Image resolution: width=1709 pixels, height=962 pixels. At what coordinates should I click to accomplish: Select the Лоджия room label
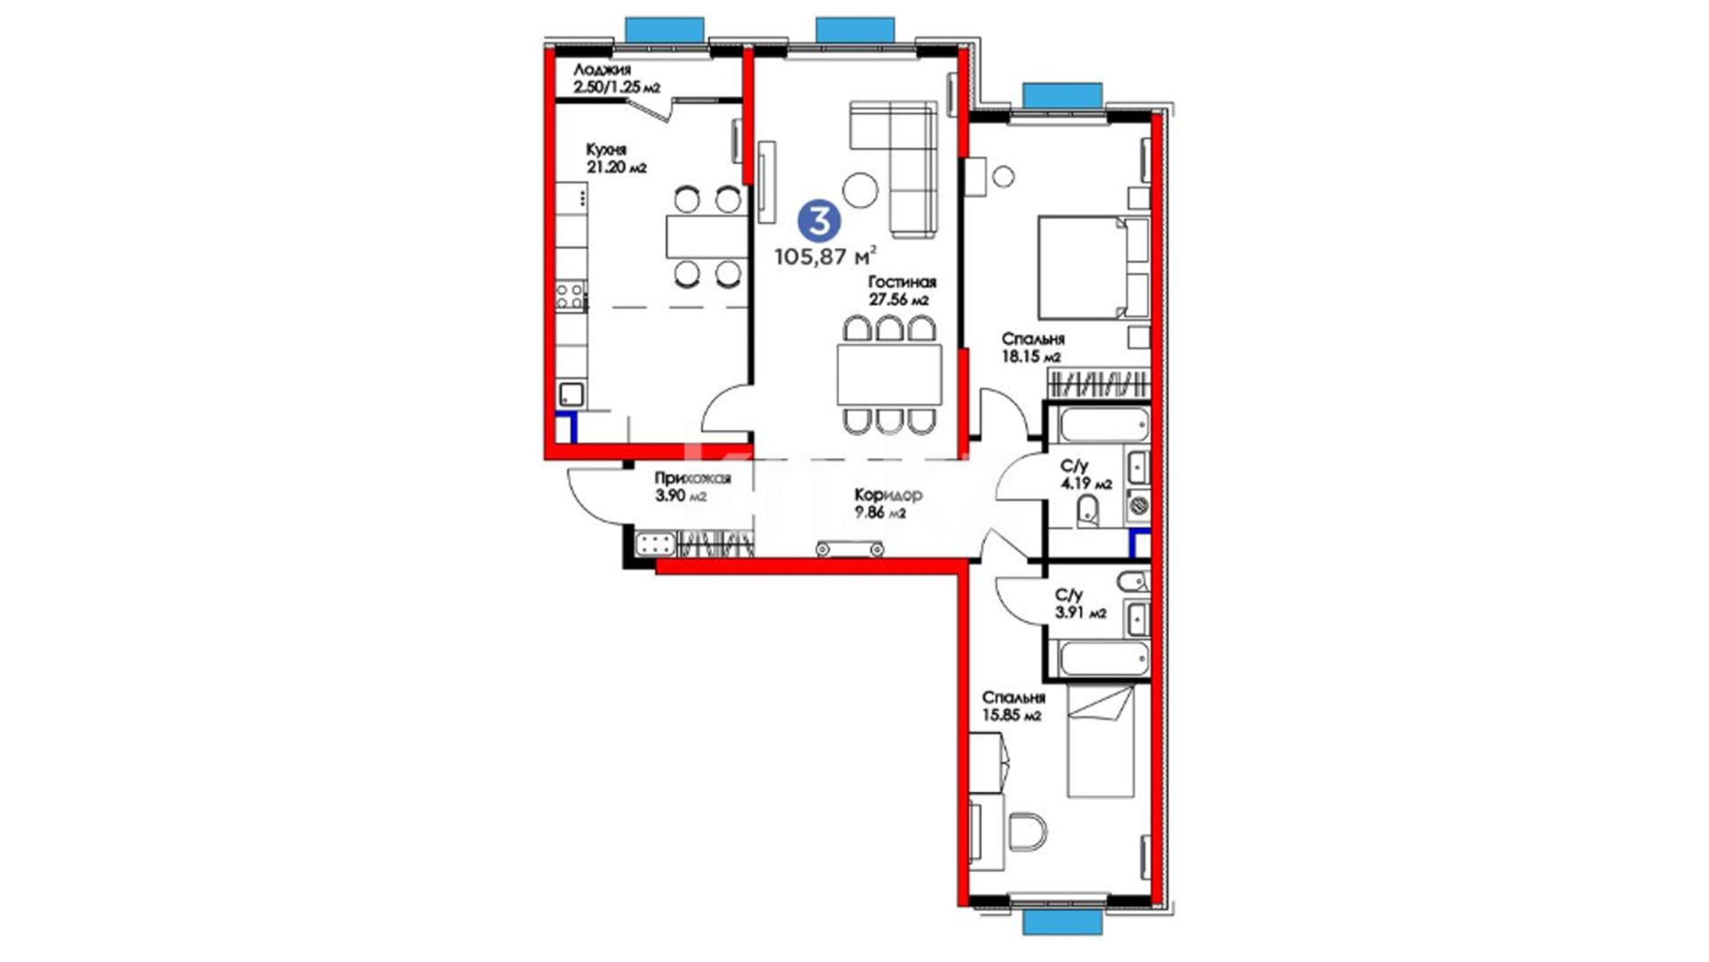pos(602,69)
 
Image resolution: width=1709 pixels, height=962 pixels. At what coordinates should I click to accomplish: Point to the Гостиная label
pos(903,281)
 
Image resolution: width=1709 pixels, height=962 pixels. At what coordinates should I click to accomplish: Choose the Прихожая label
pos(693,478)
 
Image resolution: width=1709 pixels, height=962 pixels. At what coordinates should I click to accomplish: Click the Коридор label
pos(887,494)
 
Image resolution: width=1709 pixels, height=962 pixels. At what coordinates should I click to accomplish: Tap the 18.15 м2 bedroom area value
pos(1031,357)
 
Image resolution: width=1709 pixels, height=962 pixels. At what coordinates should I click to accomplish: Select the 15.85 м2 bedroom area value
pos(1011,716)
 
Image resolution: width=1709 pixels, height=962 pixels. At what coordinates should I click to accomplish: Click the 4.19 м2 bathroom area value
pos(1086,485)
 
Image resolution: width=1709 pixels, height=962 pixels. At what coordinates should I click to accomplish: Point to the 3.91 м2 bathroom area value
pos(1081,613)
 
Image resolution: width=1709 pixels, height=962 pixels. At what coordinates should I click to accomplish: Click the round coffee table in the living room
pos(861,188)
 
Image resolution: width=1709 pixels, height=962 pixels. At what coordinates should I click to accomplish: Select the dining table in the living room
pos(889,374)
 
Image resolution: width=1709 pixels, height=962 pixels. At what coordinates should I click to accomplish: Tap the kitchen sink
pos(571,394)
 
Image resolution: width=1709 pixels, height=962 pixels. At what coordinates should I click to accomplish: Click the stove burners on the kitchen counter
pos(571,296)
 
